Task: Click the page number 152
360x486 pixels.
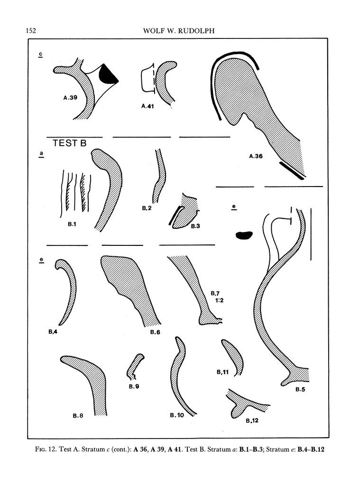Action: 31,30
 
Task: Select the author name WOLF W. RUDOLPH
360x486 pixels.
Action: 179,31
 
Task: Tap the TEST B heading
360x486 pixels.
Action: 69,143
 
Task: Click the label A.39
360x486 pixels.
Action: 70,98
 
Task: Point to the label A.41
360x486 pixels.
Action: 148,106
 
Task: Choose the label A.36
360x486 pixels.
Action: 256,156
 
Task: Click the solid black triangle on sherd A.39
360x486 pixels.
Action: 108,75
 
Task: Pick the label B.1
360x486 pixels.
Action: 72,224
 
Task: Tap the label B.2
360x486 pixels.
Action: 147,208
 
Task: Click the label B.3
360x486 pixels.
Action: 195,226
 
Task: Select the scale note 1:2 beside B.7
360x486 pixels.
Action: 219,300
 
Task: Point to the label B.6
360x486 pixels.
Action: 155,332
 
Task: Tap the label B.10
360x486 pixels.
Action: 177,415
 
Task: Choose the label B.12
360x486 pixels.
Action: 252,421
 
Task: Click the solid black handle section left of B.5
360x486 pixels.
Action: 244,235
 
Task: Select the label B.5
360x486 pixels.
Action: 300,390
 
